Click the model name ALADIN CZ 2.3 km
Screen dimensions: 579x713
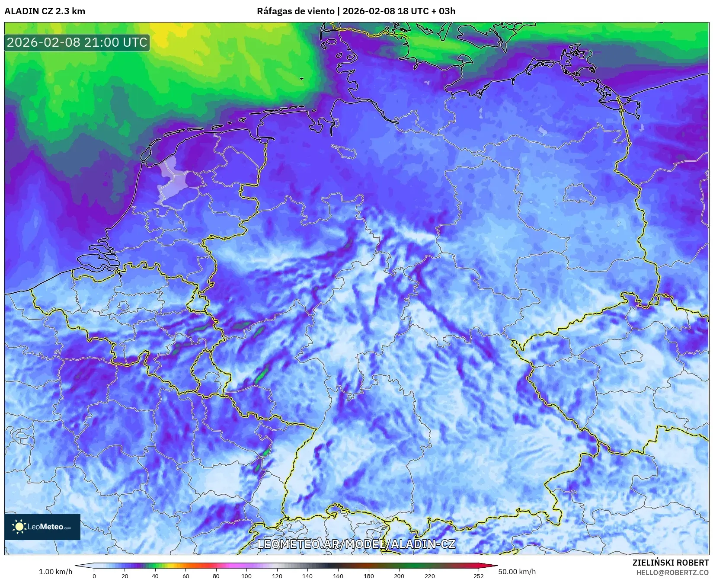tap(45, 11)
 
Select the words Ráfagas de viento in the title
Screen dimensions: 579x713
tap(296, 11)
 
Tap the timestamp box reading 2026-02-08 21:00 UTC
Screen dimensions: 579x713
tap(77, 42)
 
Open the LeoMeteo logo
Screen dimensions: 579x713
tap(42, 527)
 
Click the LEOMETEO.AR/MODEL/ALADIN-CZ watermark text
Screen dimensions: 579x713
tap(356, 544)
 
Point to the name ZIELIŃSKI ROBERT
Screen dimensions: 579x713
tap(670, 563)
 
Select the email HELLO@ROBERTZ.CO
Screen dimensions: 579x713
tap(672, 573)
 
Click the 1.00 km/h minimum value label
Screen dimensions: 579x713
tap(56, 572)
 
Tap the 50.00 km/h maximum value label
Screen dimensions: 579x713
tap(517, 572)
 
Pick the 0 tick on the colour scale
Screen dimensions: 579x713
tap(94, 576)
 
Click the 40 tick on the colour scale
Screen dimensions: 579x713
tap(155, 576)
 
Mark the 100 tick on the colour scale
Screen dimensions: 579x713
tap(246, 576)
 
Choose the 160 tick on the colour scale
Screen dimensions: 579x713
tap(338, 576)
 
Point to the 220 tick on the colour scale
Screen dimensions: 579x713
tap(429, 576)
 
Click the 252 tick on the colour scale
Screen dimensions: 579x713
tap(478, 576)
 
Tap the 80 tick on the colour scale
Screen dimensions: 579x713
tap(216, 576)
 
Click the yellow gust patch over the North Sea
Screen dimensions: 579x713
tap(166, 35)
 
